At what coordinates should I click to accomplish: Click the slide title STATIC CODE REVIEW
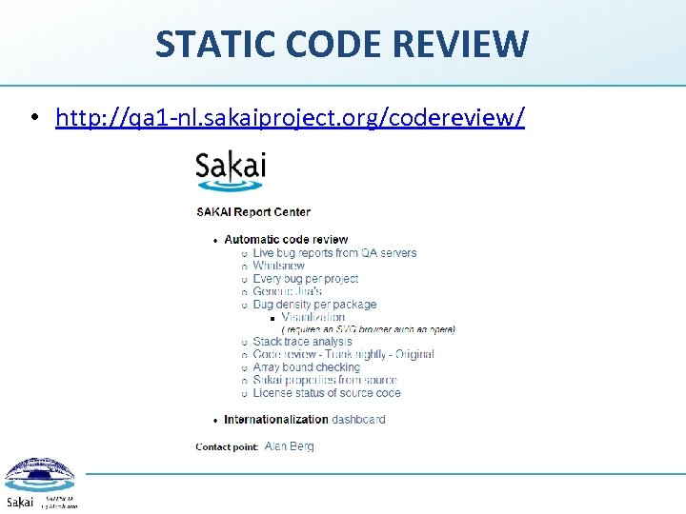342,43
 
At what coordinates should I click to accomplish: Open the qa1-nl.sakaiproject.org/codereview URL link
290,117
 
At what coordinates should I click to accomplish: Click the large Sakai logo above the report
231,168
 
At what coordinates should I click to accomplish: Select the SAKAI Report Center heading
253,211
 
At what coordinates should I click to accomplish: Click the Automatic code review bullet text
286,239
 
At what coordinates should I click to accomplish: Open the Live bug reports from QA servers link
334,252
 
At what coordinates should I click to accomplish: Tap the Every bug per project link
305,279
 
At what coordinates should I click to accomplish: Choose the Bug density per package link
314,305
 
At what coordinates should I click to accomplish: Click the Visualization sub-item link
313,317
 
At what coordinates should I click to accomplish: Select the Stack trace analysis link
302,342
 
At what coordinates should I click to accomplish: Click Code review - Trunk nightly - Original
343,354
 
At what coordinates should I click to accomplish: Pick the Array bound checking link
306,367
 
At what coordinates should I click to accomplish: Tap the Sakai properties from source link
325,380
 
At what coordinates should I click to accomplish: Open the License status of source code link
327,392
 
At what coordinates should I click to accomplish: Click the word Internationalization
276,419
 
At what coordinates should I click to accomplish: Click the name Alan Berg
289,445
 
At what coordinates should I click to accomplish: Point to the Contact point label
227,446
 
